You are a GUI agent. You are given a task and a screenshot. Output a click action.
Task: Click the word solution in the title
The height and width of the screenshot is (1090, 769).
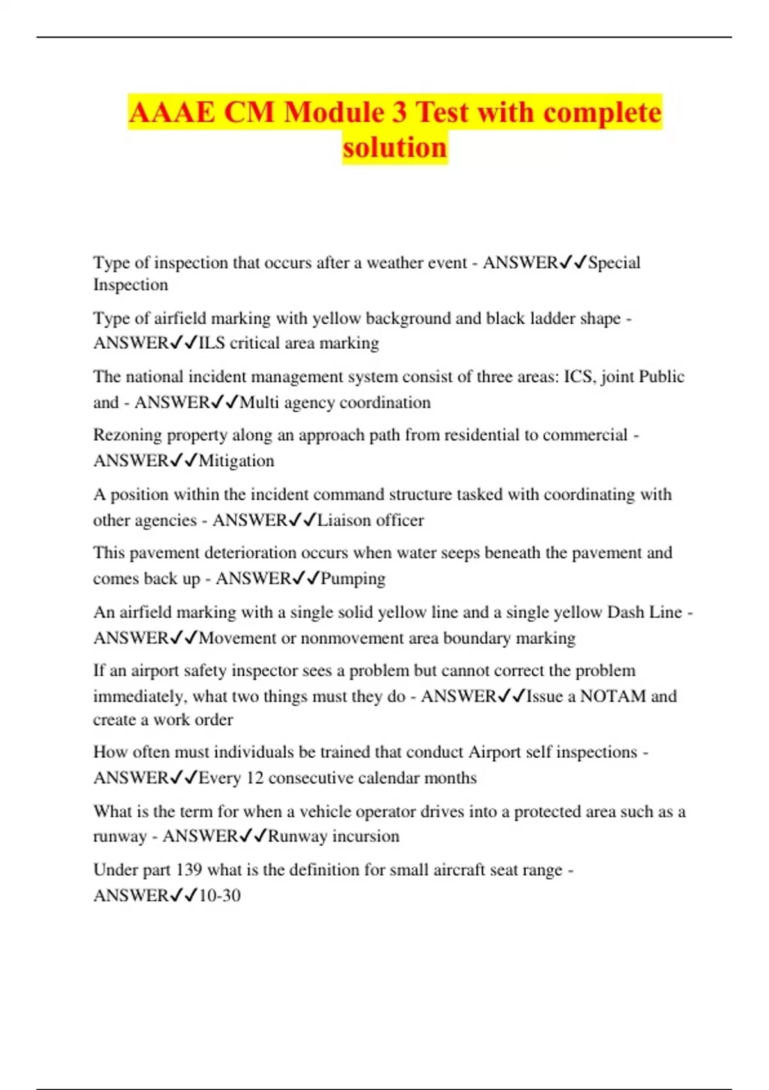coord(395,147)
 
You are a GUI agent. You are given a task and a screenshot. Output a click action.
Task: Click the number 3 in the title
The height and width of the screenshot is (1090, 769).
coord(399,113)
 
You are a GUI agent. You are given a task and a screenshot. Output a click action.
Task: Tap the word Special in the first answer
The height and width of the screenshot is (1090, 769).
coord(614,262)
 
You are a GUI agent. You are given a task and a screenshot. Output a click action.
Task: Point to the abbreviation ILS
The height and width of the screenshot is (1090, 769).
coord(211,343)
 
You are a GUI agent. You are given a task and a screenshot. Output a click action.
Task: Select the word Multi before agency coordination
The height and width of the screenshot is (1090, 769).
coord(260,403)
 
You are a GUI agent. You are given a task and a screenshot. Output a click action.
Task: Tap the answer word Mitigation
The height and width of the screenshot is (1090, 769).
coord(236,461)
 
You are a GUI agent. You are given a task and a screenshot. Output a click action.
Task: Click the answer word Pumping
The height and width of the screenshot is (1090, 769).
coord(353,578)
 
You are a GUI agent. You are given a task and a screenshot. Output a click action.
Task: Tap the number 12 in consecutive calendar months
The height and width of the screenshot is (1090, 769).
coord(254,778)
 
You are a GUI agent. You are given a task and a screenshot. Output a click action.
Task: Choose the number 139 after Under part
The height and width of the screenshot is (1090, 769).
coord(189,870)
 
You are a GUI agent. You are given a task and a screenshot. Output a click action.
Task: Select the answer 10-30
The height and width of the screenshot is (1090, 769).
coord(220,896)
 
